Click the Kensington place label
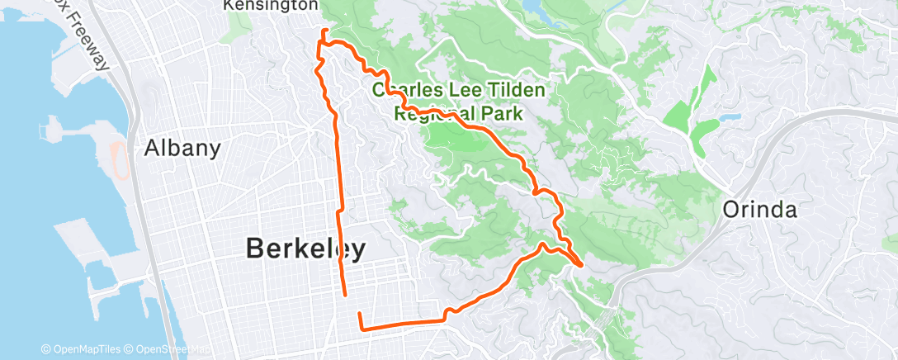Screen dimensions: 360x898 pyautogui.click(x=271, y=5)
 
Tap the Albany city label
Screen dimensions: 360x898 pyautogui.click(x=182, y=149)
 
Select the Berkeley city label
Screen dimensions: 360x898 pyautogui.click(x=305, y=249)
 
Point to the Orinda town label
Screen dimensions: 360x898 pyautogui.click(x=759, y=210)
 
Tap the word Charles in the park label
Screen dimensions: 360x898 pyautogui.click(x=404, y=89)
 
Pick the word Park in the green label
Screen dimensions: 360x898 pyautogui.click(x=505, y=113)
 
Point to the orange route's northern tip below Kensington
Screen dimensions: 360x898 pyautogui.click(x=324, y=31)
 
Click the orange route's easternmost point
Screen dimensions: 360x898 pyautogui.click(x=582, y=265)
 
